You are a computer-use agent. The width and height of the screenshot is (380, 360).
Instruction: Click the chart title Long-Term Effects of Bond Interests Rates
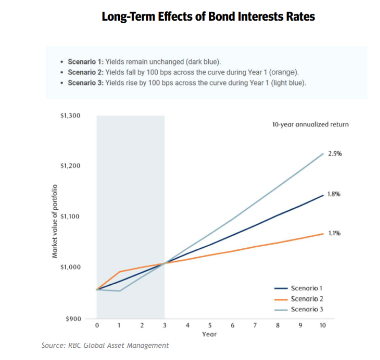pos(208,17)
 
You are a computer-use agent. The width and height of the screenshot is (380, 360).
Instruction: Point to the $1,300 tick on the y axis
pos(70,116)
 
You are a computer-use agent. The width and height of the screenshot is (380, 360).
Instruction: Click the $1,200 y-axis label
pos(70,166)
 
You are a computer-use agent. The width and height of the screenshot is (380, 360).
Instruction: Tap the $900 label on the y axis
pos(73,319)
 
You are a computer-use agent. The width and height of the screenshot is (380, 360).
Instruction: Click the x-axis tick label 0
pos(97,326)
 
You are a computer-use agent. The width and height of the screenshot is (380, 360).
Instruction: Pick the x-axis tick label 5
pos(210,326)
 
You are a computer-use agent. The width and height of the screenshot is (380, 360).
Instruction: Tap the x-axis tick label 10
pos(322,326)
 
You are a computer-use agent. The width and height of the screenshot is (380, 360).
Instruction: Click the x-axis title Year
pos(209,335)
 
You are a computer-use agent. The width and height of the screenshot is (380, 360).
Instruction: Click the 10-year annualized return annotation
pos(310,124)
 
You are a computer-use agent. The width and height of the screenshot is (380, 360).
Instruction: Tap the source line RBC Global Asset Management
pos(105,346)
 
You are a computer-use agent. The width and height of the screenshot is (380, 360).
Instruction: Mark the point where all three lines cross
pos(165,263)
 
